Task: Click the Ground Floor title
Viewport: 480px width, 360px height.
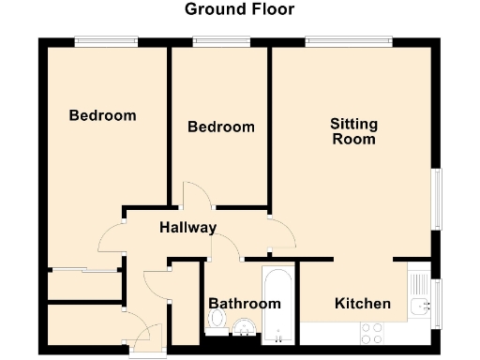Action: tap(239, 10)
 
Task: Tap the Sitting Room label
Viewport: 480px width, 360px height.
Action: tap(352, 131)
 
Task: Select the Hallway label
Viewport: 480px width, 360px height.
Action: tap(187, 228)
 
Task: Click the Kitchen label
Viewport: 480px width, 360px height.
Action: tap(363, 304)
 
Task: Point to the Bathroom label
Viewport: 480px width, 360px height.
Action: tap(244, 304)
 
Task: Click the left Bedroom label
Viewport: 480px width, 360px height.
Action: tap(103, 116)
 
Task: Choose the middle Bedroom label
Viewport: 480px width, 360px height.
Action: tap(220, 127)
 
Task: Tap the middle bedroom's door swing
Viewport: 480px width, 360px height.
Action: tap(194, 196)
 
